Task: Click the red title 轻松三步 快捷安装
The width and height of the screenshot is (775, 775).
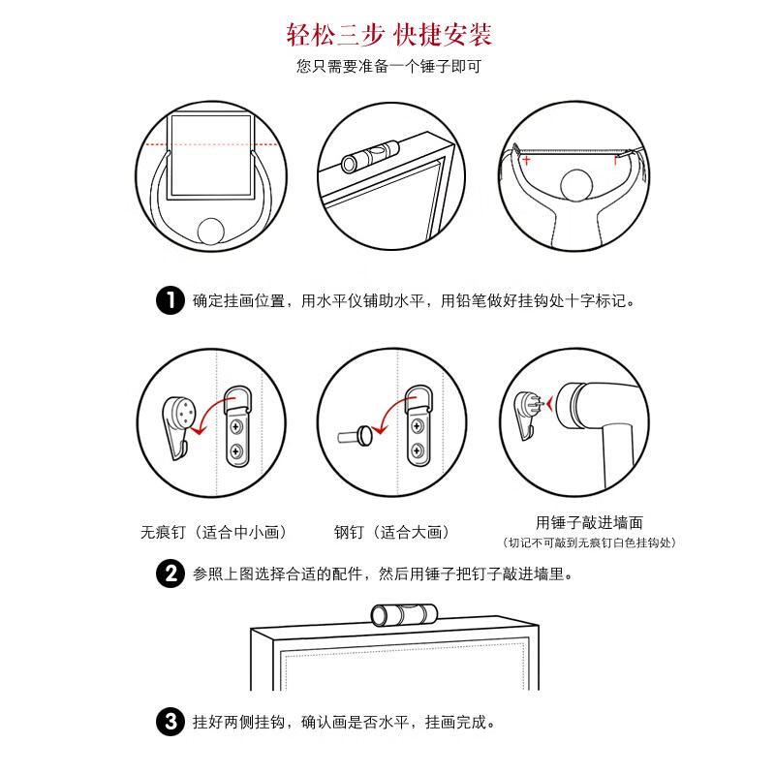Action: point(389,35)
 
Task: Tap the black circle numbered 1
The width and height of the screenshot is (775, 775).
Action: point(170,300)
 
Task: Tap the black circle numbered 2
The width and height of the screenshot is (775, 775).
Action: point(170,573)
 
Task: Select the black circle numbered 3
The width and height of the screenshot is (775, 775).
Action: point(170,722)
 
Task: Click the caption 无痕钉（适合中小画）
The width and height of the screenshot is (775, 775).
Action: point(213,532)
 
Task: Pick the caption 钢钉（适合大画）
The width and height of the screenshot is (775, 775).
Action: point(391,532)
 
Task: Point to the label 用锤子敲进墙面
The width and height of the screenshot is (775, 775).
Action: point(589,522)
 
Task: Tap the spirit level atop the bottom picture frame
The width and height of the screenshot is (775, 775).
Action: point(404,615)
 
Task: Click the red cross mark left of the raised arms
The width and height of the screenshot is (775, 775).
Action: point(526,160)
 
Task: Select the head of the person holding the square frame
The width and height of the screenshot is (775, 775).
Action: point(211,232)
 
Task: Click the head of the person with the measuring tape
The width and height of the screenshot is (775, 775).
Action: point(576,185)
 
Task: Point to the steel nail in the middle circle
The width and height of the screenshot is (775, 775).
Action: point(355,436)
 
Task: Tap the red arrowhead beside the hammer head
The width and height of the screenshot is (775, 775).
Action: point(549,404)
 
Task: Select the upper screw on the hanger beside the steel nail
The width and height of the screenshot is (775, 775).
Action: point(418,425)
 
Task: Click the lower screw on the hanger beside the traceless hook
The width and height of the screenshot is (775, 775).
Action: point(236,450)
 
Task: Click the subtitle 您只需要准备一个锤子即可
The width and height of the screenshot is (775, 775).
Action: point(389,66)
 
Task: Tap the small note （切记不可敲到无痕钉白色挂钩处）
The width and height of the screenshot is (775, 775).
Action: point(589,542)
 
